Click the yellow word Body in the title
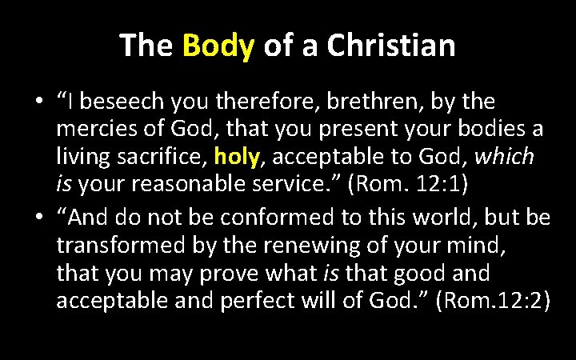click(x=218, y=46)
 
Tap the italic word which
click(x=503, y=157)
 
